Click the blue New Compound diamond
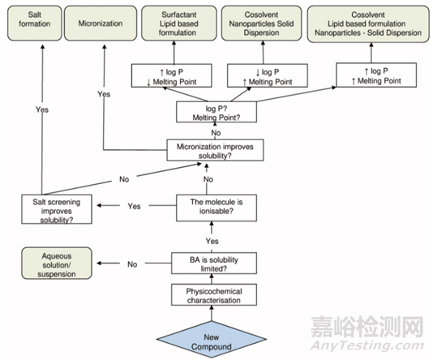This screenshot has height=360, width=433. pyautogui.click(x=212, y=339)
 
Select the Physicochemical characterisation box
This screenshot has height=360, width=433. pyautogui.click(x=214, y=295)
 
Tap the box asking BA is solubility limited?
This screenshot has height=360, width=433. pyautogui.click(x=214, y=263)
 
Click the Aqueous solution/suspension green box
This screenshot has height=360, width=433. pyautogui.click(x=57, y=263)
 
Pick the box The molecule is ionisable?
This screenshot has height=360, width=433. pyautogui.click(x=216, y=208)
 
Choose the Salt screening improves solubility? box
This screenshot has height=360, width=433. pyautogui.click(x=57, y=209)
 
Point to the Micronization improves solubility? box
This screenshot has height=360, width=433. pyautogui.click(x=215, y=150)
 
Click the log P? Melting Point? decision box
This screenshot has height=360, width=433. pyautogui.click(x=216, y=112)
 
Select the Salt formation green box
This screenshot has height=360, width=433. pyautogui.click(x=35, y=24)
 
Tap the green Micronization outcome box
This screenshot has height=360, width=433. pyautogui.click(x=101, y=24)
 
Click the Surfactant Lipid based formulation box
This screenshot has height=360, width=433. pyautogui.click(x=179, y=24)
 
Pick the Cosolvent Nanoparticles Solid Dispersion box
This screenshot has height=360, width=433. pyautogui.click(x=262, y=24)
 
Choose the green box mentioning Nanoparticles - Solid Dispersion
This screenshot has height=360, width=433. pyautogui.click(x=368, y=24)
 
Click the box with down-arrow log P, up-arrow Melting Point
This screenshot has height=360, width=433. pyautogui.click(x=268, y=75)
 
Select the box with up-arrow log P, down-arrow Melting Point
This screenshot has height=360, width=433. pyautogui.click(x=171, y=75)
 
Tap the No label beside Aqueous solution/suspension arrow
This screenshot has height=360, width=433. pyautogui.click(x=132, y=264)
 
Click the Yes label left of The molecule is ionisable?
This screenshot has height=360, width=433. pyautogui.click(x=134, y=206)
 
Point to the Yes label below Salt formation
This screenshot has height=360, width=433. pyautogui.click(x=42, y=109)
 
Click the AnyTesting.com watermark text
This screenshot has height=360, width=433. pyautogui.click(x=367, y=345)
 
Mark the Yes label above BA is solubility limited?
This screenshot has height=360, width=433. pyautogui.click(x=212, y=241)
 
